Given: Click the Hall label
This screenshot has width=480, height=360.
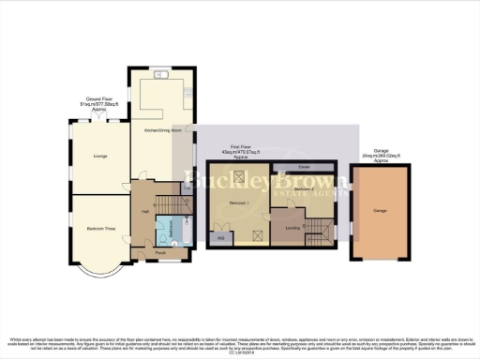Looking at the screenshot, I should point(145,212).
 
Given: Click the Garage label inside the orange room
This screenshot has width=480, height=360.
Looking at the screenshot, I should point(380,213).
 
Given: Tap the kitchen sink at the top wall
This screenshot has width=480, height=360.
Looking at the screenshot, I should point(160,73).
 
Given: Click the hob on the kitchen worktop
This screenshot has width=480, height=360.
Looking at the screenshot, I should point(188,93).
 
